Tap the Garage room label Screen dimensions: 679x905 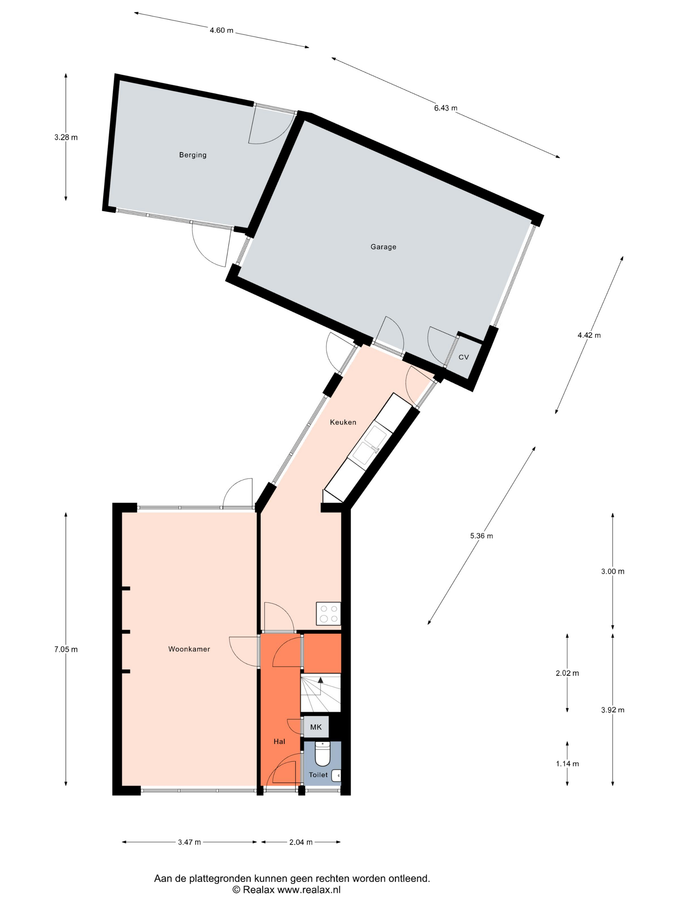point(383,247)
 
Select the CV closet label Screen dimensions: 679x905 point(463,357)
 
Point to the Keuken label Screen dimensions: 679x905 point(343,422)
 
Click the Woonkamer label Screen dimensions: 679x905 point(189,649)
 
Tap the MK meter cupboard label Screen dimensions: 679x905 point(316,727)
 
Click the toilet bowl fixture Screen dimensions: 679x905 point(322,754)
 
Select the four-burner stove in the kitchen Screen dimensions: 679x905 point(328,614)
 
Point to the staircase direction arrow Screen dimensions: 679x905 point(320,680)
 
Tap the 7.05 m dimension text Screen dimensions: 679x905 point(66,649)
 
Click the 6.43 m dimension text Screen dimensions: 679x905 point(446,108)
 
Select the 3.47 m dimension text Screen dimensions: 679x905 point(189,842)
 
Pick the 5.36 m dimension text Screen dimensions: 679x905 point(481,536)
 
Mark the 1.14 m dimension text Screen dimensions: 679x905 point(567,763)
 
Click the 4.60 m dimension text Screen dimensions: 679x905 point(221,30)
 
